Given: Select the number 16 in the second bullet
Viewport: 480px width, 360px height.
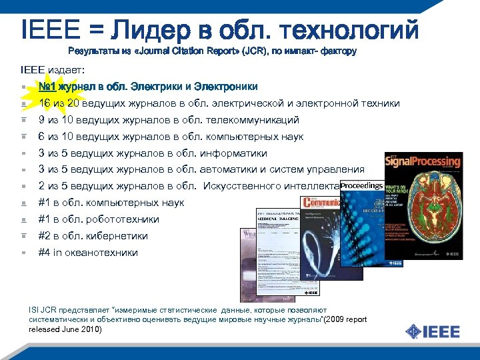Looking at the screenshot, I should coord(45,103).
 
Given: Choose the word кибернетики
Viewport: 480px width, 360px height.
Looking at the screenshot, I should coord(117,236).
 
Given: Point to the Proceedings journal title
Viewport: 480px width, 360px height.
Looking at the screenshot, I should coord(362,185).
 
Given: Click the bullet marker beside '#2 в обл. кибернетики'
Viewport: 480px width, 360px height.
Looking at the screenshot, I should coord(23,236).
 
